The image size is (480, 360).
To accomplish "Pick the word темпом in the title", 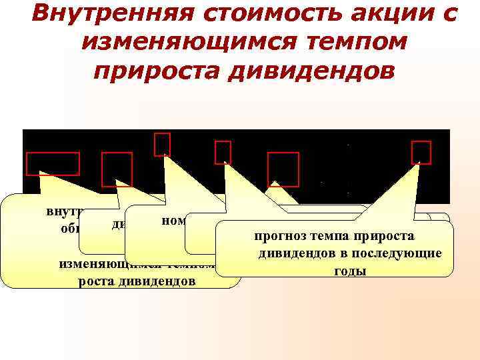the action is [x=347, y=43].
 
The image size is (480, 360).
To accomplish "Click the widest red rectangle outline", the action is [x=53, y=164].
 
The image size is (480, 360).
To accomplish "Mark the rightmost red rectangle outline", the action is [x=421, y=152].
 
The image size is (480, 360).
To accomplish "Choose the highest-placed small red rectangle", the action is [x=162, y=144].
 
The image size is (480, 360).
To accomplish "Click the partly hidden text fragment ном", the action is [x=174, y=220].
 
